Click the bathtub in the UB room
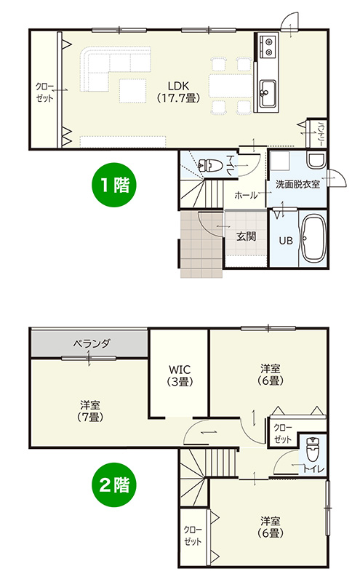coord(314,239)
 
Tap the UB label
coord(286,241)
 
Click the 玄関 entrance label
coord(246,236)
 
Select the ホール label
coord(246,196)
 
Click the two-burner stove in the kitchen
coord(266,47)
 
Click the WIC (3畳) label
coord(178,375)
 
